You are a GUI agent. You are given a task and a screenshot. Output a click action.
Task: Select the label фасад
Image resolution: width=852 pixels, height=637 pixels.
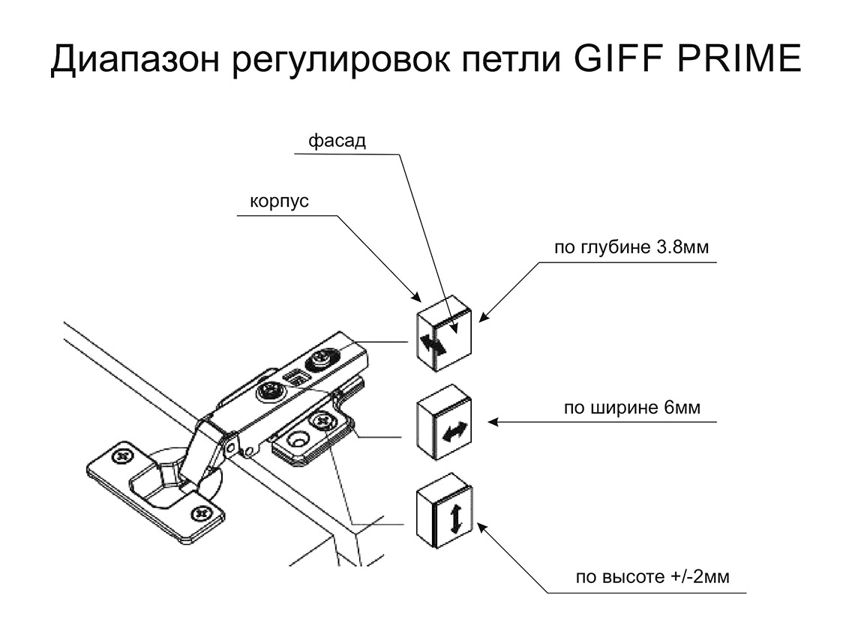tap(337, 142)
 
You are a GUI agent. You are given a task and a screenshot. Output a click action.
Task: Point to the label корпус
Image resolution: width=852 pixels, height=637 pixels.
tap(279, 202)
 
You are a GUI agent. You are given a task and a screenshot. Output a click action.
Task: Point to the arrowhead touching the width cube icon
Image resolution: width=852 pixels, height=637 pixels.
tap(492, 423)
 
